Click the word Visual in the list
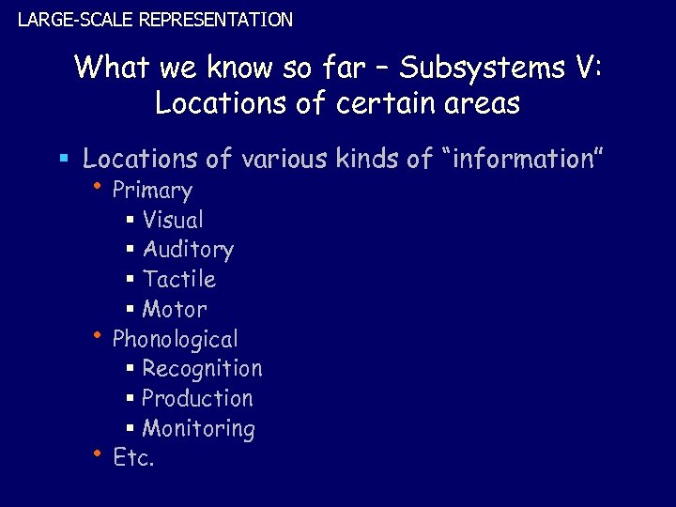(173, 220)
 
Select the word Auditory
(188, 250)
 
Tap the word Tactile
(179, 280)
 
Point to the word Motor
(175, 310)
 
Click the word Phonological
(175, 339)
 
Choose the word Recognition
(202, 369)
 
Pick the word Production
(197, 399)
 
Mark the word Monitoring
(198, 429)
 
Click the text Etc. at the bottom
(133, 458)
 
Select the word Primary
(152, 191)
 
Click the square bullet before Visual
(130, 221)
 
